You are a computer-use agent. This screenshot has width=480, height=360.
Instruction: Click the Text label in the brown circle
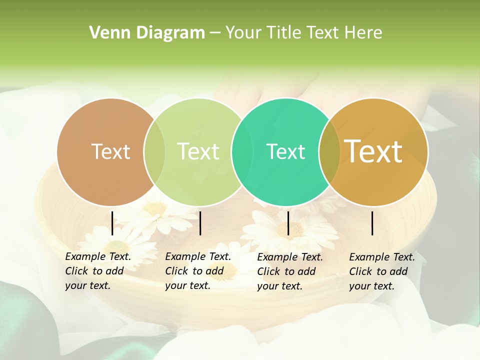pos(110,151)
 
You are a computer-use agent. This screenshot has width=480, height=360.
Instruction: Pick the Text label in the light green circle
pos(198,151)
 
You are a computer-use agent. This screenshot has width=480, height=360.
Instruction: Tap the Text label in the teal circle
pos(285,151)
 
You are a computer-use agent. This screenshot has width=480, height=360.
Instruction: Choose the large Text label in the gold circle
pos(373,151)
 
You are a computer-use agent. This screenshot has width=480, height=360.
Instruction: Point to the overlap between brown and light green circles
pos(154,152)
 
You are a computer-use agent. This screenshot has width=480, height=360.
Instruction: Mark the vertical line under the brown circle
pos(112,223)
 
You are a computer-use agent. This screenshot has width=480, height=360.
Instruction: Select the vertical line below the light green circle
pos(200,223)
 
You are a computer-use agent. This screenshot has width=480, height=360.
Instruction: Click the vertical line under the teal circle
pos(288,223)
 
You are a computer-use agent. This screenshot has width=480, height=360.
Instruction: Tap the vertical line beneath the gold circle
pos(372,223)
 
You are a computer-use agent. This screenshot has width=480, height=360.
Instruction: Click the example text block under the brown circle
pos(97,271)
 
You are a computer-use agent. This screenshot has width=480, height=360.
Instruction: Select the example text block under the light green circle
pos(197,271)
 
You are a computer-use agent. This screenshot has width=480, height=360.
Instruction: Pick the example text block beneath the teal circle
pos(289,271)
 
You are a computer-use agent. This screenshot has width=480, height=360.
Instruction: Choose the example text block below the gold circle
pos(381,271)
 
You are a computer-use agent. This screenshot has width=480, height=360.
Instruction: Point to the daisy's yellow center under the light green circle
pos(156,208)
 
